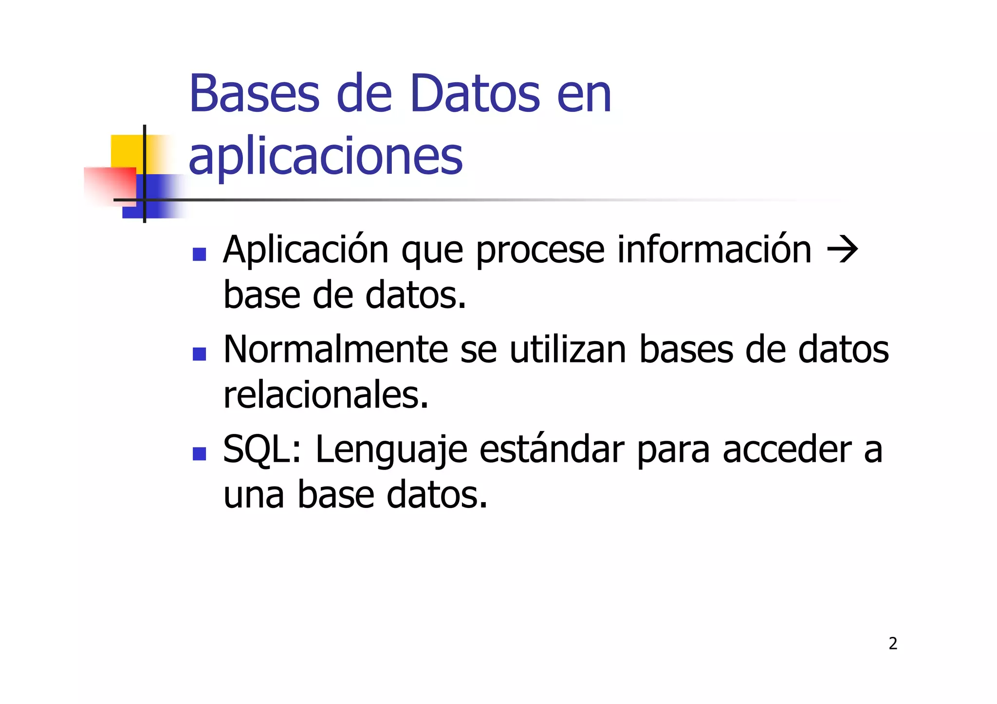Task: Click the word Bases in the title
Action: (x=254, y=93)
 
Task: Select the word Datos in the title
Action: (x=475, y=93)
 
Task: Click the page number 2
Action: (x=893, y=643)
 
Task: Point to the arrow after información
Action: (x=843, y=250)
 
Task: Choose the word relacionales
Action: (x=326, y=395)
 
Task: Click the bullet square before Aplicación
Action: (x=200, y=254)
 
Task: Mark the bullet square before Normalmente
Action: (x=200, y=354)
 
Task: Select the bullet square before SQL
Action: (x=200, y=453)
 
